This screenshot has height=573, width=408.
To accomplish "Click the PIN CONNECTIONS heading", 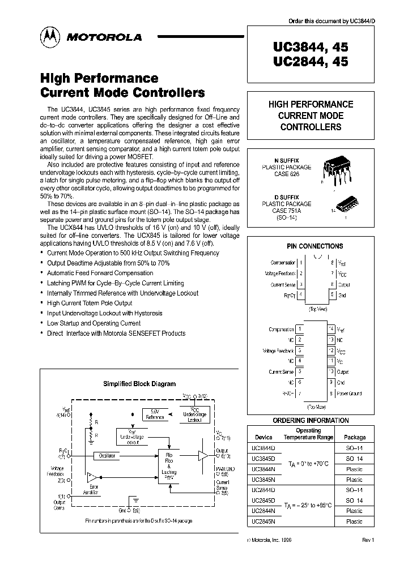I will (314, 246).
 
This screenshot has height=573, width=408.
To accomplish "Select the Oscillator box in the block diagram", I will (108, 455).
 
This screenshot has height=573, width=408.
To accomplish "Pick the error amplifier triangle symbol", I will (92, 477).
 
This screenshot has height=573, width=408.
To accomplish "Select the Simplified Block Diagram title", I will (139, 383).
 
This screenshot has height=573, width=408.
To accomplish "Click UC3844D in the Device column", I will (263, 447).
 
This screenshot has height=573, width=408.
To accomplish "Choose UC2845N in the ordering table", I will (263, 521).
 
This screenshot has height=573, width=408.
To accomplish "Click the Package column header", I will (355, 437).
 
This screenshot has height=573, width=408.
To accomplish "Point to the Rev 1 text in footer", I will (368, 541).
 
